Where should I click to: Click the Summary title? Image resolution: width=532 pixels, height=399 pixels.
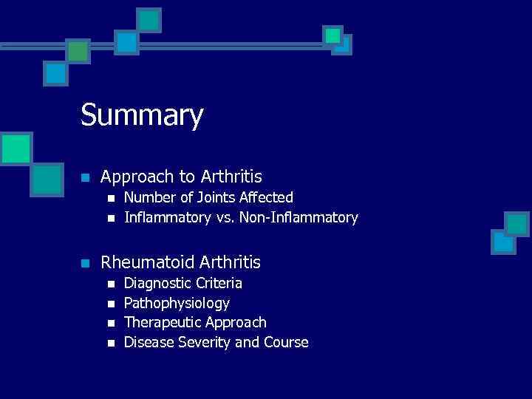(142, 116)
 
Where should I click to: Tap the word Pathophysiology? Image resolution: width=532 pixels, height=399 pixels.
(177, 303)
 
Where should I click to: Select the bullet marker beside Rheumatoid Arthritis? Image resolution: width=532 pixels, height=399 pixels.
(86, 263)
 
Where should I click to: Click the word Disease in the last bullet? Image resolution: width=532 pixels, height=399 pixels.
(148, 343)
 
